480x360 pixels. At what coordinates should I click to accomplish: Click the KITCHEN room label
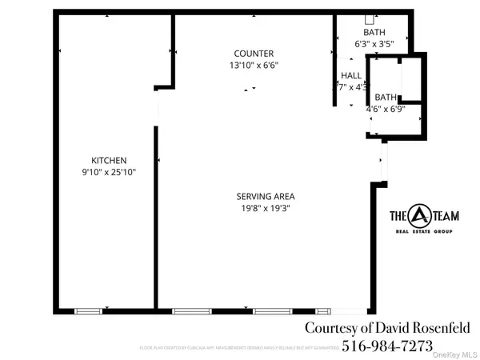pos(109,160)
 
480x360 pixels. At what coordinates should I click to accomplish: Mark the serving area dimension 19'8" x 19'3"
pos(266,208)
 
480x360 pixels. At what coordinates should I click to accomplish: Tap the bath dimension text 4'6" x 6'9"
pos(386,108)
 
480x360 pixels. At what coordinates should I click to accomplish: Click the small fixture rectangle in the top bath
pos(370,18)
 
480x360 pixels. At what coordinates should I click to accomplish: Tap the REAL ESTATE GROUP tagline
pos(422,232)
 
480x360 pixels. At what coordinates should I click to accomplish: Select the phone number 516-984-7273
pos(387,346)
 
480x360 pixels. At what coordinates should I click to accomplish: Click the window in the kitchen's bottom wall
pos(88,310)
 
